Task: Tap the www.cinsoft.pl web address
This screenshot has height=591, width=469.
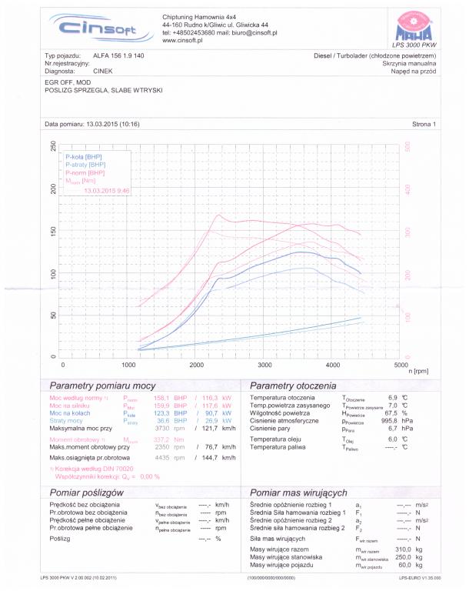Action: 182,40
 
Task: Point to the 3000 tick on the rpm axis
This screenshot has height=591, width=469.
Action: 265,364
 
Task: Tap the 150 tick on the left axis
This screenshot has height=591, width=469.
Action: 53,232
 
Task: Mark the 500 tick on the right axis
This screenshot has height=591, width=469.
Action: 408,146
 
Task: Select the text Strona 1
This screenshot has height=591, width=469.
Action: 424,123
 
